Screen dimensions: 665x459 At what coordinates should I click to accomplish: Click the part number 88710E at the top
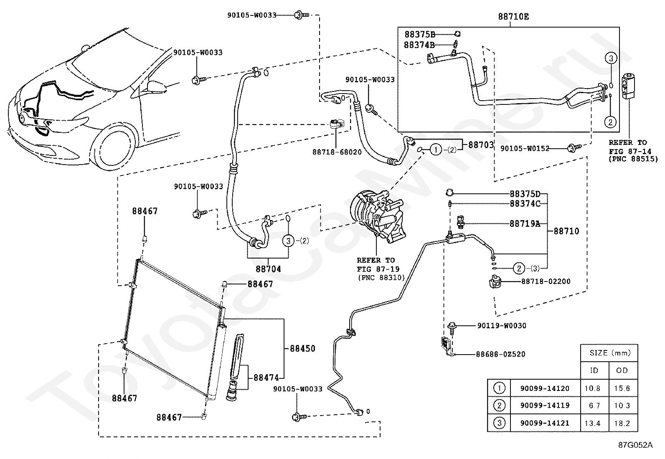(x=513, y=17)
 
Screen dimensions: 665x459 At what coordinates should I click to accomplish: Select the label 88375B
(x=419, y=34)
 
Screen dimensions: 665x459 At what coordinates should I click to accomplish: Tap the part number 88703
(x=481, y=145)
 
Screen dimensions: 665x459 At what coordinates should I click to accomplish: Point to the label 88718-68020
(x=337, y=152)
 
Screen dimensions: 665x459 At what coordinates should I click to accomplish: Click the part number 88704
(x=268, y=269)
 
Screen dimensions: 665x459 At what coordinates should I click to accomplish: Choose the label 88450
(x=302, y=348)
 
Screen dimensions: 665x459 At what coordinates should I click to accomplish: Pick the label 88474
(x=266, y=378)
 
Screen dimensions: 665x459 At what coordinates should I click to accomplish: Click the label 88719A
(x=525, y=223)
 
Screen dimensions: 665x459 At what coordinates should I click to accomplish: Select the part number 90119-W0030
(x=502, y=326)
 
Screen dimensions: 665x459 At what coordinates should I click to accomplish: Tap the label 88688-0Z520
(x=500, y=354)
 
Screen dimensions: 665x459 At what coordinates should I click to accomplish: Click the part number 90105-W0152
(x=525, y=148)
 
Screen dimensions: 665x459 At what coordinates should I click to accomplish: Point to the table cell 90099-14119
(x=545, y=406)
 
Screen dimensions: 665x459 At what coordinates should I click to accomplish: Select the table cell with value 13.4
(x=593, y=423)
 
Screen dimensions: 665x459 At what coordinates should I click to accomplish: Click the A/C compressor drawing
(x=378, y=215)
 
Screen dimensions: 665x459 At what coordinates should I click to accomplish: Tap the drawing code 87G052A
(x=635, y=445)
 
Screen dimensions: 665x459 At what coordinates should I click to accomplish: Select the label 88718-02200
(x=546, y=281)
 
